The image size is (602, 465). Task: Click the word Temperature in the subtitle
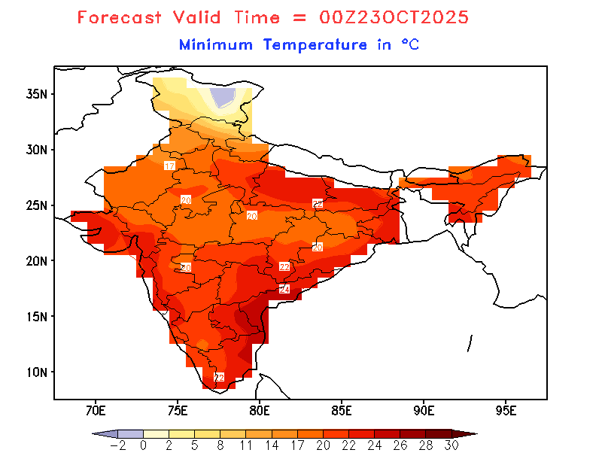coord(315,45)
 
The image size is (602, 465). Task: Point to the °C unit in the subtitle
coord(409,45)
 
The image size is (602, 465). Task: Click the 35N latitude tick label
coord(37,94)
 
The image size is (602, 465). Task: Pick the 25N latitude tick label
coord(37,205)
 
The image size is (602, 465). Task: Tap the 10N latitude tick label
coord(37,372)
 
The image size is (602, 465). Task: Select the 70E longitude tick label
coord(96,411)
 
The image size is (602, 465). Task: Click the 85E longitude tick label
coord(342,411)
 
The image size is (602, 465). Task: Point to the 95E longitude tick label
coord(506,411)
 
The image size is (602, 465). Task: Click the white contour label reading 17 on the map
coord(170,166)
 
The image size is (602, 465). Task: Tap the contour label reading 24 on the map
coord(284,289)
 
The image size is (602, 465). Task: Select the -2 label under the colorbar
coord(118,445)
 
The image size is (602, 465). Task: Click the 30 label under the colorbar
coord(451,445)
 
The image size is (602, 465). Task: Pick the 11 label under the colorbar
coord(246,445)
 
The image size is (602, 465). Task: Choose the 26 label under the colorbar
coord(400,445)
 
